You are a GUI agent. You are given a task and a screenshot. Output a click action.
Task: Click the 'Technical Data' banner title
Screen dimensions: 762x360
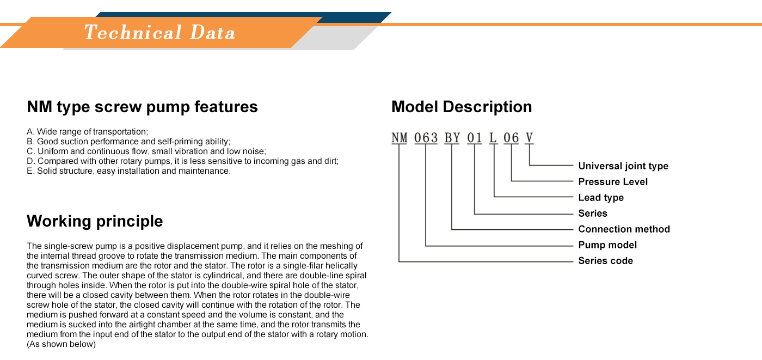pos(159,32)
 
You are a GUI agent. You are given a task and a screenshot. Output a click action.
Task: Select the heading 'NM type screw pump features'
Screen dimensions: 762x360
pos(142,107)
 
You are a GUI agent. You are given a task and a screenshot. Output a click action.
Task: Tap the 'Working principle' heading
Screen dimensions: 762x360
pos(95,221)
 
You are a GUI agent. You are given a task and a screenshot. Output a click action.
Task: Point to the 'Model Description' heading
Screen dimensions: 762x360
pos(462,107)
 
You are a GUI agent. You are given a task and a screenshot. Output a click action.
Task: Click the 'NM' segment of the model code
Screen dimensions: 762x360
pos(400,138)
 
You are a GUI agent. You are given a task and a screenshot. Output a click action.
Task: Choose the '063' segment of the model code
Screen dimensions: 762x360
pos(426,138)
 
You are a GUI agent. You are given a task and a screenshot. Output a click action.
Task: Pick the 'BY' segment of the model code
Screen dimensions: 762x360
pos(452,138)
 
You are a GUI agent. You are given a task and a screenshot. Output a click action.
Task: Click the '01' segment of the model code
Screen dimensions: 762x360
pos(475,138)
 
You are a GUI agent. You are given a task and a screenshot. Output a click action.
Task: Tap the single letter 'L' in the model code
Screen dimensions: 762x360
pos(493,138)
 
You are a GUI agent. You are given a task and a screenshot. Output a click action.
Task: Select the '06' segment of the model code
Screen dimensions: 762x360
pos(511,138)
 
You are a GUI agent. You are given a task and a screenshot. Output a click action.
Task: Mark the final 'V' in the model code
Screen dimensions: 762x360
pos(529,138)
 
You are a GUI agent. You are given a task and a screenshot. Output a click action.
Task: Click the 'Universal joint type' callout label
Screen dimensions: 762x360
pos(623,166)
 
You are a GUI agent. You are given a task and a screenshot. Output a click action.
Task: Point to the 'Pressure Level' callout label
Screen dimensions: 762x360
pos(613,182)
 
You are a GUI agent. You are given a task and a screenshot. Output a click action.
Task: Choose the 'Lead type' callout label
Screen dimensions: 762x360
pos(601,198)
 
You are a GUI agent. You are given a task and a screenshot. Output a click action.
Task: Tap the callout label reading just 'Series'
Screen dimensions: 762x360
pos(593,213)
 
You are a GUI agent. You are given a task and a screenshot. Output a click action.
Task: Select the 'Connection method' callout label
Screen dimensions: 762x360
pos(624,229)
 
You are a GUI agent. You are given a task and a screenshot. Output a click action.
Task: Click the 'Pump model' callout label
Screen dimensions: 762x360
pos(607,245)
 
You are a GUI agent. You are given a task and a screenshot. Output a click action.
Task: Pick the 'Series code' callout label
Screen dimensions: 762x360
pos(606,261)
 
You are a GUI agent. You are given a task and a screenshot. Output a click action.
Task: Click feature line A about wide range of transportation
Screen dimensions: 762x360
pos(88,132)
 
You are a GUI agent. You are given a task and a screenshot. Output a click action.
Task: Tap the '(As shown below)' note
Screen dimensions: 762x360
pos(61,344)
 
